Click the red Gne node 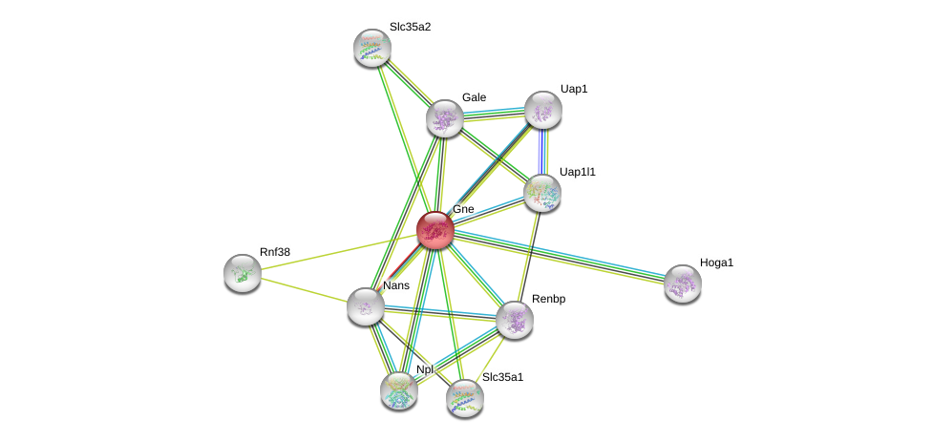point(434,230)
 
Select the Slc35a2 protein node point(371,48)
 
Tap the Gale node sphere point(444,118)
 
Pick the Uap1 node point(542,110)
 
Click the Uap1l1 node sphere point(541,193)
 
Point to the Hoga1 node point(682,283)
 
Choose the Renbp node point(514,320)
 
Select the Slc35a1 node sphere point(464,398)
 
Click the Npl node point(398,389)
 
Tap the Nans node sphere point(365,306)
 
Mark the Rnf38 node point(243,273)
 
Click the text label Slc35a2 point(410,27)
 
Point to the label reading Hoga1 point(716,262)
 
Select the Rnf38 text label point(275,252)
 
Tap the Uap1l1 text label point(577,172)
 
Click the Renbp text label point(548,299)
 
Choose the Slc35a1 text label point(502,377)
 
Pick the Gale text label point(474,97)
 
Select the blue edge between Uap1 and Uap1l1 point(541,151)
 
